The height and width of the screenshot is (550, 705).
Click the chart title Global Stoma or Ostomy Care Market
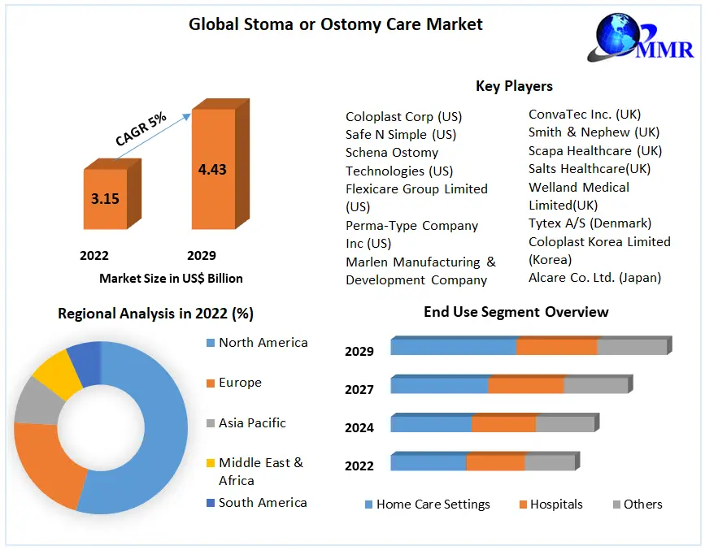(x=335, y=24)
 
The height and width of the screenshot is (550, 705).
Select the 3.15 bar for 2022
(x=106, y=198)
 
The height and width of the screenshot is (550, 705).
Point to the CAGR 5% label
(x=141, y=129)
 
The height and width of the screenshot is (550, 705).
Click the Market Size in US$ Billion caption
(x=171, y=278)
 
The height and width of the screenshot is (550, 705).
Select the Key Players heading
(x=514, y=86)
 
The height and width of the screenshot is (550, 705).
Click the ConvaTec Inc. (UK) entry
(x=585, y=115)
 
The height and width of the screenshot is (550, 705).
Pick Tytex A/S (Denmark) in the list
(x=590, y=223)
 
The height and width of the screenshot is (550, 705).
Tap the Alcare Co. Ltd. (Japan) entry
(x=594, y=277)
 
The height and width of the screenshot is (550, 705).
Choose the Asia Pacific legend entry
(x=252, y=422)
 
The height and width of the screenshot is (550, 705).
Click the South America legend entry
(x=262, y=502)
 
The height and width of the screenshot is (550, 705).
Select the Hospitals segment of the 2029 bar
(x=556, y=345)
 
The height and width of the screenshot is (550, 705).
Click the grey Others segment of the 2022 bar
(x=550, y=462)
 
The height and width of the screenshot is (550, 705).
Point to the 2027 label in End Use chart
(x=359, y=389)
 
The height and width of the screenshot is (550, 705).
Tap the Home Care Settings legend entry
(x=433, y=504)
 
